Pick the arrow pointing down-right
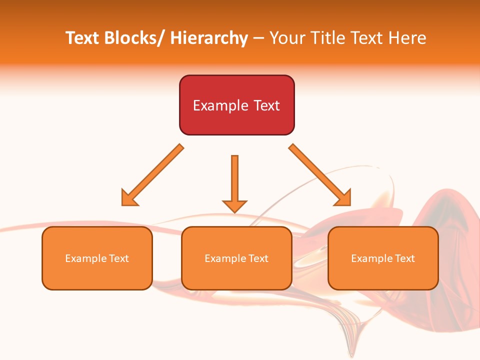pos(320,175)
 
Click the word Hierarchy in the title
pos(209,38)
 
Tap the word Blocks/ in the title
pos(133,38)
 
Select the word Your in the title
pos(286,38)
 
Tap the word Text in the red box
pos(266,105)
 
